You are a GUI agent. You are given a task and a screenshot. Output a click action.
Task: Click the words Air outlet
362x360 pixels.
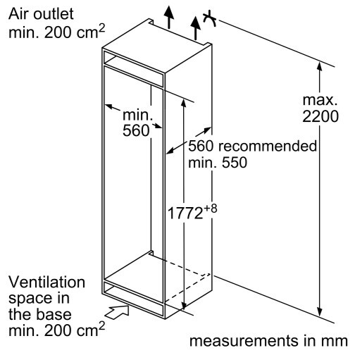click(41, 14)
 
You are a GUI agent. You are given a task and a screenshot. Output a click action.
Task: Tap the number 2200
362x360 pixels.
click(320, 116)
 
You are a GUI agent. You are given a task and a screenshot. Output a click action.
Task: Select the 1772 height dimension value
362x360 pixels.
click(185, 213)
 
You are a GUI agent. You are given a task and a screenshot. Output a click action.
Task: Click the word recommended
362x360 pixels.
click(268, 146)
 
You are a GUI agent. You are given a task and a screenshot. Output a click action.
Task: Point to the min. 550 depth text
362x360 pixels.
click(218, 162)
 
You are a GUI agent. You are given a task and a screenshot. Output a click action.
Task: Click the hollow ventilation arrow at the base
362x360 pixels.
click(117, 312)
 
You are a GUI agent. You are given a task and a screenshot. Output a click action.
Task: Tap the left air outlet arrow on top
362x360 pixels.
click(169, 16)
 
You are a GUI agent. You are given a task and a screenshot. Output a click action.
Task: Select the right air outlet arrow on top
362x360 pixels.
click(195, 27)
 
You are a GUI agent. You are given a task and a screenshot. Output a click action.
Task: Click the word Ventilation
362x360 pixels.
click(46, 282)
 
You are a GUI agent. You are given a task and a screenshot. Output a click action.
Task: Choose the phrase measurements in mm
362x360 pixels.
click(268, 341)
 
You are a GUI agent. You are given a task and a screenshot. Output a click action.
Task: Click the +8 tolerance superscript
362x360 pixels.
click(211, 209)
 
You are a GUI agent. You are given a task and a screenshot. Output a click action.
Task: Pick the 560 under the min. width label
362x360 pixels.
click(136, 130)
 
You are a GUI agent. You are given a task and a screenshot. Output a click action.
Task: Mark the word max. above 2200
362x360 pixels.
click(320, 100)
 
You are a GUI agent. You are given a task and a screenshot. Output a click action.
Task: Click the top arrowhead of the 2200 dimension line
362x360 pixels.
click(319, 66)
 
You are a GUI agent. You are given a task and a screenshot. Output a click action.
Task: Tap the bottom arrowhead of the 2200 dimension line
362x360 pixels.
click(319, 312)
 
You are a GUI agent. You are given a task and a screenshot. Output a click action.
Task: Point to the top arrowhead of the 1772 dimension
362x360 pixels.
click(184, 104)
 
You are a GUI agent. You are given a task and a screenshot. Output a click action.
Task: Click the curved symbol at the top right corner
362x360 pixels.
click(209, 18)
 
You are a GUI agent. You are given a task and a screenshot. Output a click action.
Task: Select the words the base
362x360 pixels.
click(40, 314)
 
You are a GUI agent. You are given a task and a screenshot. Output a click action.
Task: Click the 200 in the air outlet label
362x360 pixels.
click(58, 32)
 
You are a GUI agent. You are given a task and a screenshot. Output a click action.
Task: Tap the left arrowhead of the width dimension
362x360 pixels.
click(108, 107)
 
